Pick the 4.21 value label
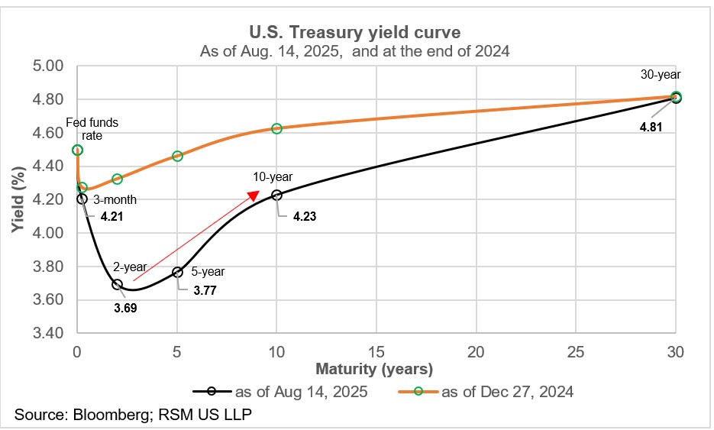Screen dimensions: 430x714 111,216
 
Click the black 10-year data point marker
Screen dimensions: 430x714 276,195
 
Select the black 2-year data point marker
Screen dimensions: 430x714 117,284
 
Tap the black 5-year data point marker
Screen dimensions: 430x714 177,272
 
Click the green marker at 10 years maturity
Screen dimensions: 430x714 276,128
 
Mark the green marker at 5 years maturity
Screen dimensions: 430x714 177,156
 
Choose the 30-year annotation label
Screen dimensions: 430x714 661,75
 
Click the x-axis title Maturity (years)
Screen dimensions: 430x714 376,370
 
